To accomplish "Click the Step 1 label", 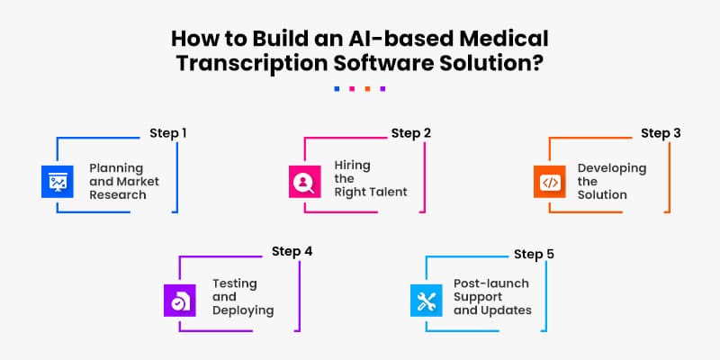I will (x=168, y=133).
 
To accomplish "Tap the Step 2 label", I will (x=411, y=133).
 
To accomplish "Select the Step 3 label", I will (x=661, y=133).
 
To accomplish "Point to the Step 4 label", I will (x=292, y=251).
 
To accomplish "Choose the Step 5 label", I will (x=534, y=254).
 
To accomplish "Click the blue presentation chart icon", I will (x=57, y=182).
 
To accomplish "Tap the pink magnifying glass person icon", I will (x=303, y=182).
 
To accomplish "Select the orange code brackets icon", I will (x=549, y=182).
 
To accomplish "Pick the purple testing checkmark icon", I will (x=179, y=300).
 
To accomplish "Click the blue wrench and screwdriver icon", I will (x=425, y=300).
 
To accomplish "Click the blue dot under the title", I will (x=337, y=89).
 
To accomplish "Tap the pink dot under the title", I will (x=352, y=89).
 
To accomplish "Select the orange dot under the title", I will (x=367, y=89).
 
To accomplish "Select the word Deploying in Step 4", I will (x=243, y=310).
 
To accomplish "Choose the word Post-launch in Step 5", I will (x=491, y=283).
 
